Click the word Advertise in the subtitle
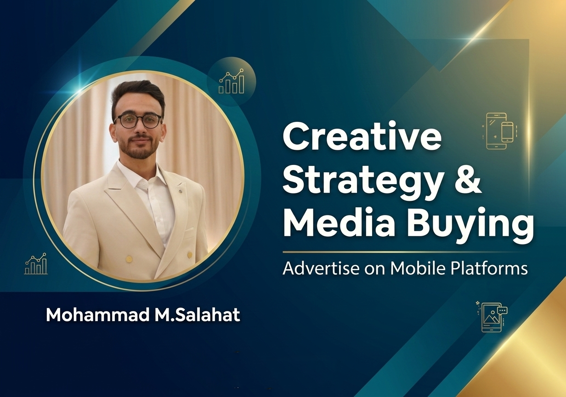coord(318,268)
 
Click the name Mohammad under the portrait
coord(91,315)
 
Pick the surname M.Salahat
coord(195,315)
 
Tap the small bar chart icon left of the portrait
coord(36,264)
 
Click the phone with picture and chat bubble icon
coord(491,317)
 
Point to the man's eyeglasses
coord(138,121)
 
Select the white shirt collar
coord(131,172)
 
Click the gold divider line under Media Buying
coord(404,252)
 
